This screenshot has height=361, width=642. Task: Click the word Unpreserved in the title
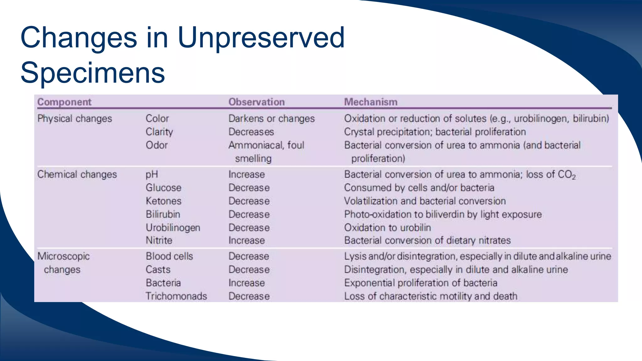(x=261, y=38)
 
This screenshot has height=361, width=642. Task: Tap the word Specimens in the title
(x=93, y=73)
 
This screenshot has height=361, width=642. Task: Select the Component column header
(x=64, y=102)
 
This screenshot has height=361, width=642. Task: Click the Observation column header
(x=256, y=102)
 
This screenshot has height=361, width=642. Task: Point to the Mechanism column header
(x=371, y=102)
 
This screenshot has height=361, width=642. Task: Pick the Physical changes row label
(x=75, y=118)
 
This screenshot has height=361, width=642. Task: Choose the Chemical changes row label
(x=77, y=174)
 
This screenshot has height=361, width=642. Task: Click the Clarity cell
(x=159, y=132)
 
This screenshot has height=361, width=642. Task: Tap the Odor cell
(x=157, y=145)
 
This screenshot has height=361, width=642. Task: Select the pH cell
(x=152, y=175)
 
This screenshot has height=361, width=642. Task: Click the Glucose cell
(x=164, y=188)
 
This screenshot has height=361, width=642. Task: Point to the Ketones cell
(x=164, y=201)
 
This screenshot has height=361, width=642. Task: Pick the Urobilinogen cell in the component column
(x=173, y=228)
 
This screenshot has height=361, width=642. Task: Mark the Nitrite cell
(x=159, y=240)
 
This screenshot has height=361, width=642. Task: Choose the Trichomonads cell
(x=176, y=296)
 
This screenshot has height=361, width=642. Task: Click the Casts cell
(x=158, y=269)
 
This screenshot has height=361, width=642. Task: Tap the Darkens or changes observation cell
(x=271, y=118)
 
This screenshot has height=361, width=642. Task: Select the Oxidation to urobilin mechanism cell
(x=387, y=228)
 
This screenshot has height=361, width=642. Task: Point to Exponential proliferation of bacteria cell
(x=421, y=283)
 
